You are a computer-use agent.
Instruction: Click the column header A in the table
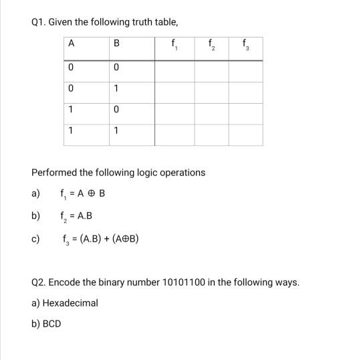(70, 44)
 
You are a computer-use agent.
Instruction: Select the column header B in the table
(116, 44)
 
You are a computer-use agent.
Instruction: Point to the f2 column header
(212, 46)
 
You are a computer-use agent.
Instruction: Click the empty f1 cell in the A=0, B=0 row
(174, 68)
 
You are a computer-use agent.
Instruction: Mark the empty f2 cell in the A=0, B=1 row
(211, 88)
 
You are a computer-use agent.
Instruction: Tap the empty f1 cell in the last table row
(174, 130)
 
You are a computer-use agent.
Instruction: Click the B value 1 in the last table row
(116, 130)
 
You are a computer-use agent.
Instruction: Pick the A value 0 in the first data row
(70, 68)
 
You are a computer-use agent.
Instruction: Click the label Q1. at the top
(41, 22)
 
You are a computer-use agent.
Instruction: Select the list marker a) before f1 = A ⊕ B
(35, 194)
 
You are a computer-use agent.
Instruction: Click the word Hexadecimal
(70, 303)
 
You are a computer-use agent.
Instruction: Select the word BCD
(51, 323)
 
